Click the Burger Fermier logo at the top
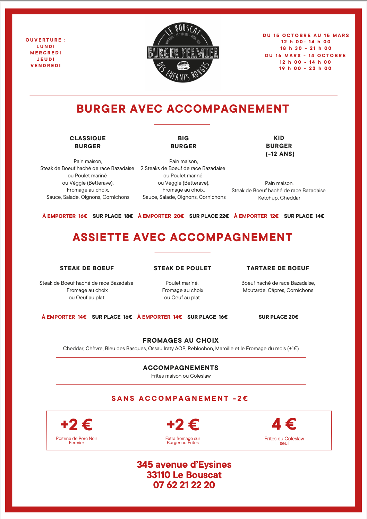(183, 53)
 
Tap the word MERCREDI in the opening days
(46, 53)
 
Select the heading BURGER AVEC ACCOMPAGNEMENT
(183, 109)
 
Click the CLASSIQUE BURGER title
(88, 142)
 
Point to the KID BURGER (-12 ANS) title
(279, 146)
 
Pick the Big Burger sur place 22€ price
(209, 216)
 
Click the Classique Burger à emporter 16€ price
(65, 216)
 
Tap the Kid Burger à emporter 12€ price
(256, 216)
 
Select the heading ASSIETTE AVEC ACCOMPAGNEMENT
(182, 237)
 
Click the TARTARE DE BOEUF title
(278, 268)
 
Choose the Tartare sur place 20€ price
(279, 317)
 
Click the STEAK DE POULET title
(182, 268)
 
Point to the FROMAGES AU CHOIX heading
(181, 340)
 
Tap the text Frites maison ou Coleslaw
(181, 376)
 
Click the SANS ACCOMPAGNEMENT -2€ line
(180, 398)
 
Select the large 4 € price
(284, 424)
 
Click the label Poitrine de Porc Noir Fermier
(77, 440)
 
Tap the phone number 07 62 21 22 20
(184, 485)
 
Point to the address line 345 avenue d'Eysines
(184, 465)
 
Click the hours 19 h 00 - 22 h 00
(305, 69)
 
